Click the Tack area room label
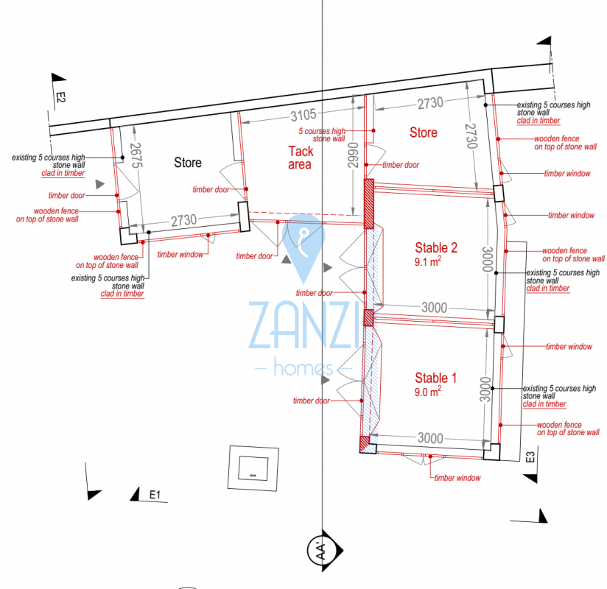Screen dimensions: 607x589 [x=301, y=158]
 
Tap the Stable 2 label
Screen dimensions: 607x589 [x=436, y=247]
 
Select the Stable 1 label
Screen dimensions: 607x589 [x=435, y=378]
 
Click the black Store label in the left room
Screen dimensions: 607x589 [x=188, y=163]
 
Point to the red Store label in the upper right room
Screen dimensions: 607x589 [x=424, y=133]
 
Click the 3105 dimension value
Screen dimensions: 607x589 [x=303, y=115]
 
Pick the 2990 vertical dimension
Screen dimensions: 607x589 [x=353, y=155]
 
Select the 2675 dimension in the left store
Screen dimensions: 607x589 [x=136, y=155]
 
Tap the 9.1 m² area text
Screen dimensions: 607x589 [x=428, y=261]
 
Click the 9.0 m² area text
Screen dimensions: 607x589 [x=428, y=392]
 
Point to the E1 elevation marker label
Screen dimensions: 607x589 [x=155, y=495]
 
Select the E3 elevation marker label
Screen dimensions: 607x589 [x=530, y=457]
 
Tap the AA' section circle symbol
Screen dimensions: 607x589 [x=321, y=550]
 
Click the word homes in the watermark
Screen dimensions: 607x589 [x=303, y=367]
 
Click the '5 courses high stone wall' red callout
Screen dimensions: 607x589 [x=322, y=135]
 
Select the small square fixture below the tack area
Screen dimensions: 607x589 [x=253, y=468]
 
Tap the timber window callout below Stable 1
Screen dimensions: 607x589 [x=457, y=478]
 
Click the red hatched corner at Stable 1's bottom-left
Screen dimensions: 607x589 [x=365, y=444]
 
